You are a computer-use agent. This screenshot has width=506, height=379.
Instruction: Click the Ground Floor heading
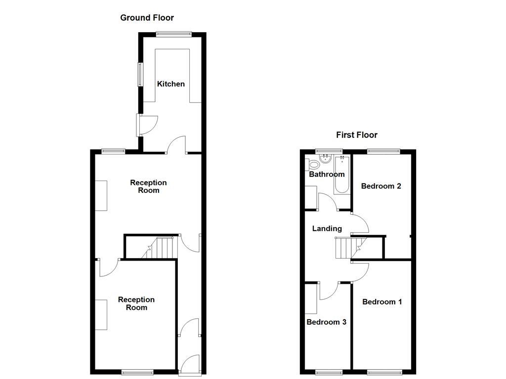(147, 18)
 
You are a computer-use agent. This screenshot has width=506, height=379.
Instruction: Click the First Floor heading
(356, 135)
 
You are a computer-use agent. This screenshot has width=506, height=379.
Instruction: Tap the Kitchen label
(171, 84)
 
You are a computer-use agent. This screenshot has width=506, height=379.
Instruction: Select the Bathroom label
(327, 174)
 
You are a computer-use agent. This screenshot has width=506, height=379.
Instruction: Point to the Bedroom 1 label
(382, 302)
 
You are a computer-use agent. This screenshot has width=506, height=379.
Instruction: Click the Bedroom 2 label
(380, 186)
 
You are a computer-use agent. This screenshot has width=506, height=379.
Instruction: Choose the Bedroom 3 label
(326, 322)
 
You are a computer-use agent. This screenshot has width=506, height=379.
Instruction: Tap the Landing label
(327, 228)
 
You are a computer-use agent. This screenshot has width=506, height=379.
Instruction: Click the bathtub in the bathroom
(342, 175)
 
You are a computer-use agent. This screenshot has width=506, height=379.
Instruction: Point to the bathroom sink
(326, 159)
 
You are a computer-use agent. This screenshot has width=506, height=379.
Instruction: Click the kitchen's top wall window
(173, 34)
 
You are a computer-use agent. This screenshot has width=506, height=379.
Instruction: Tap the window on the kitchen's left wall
(140, 75)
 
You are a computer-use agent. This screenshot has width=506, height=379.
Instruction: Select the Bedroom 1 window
(384, 371)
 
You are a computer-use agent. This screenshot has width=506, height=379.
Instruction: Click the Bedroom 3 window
(329, 371)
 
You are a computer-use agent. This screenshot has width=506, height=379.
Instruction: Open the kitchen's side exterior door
(147, 125)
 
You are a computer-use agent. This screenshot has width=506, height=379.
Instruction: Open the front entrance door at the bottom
(190, 366)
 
